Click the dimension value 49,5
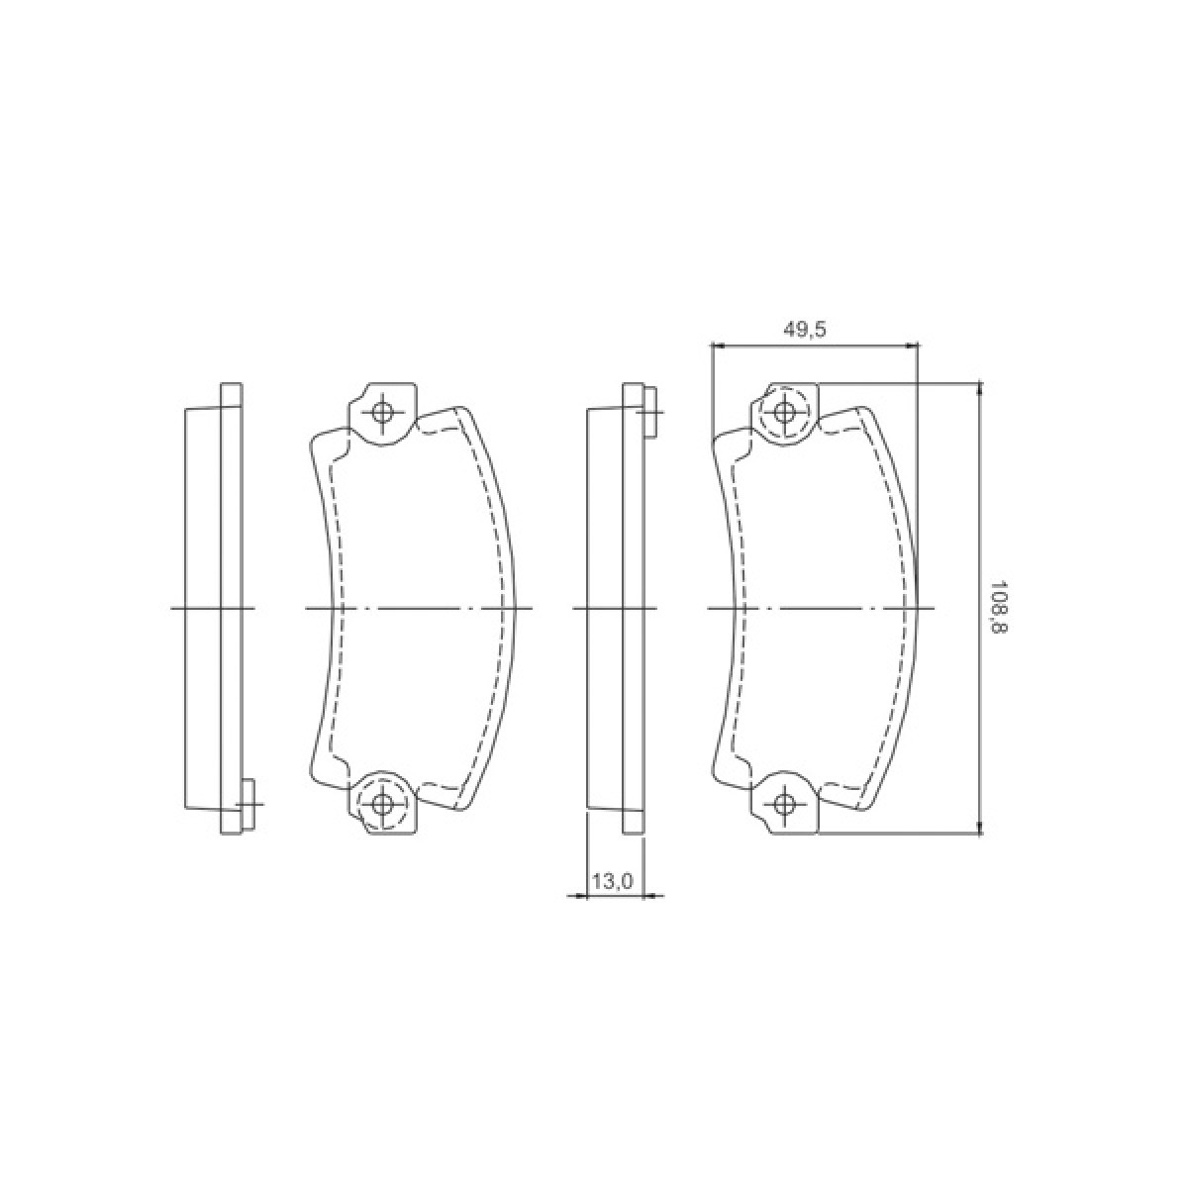point(805,330)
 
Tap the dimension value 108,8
point(997,609)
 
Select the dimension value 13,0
point(612,882)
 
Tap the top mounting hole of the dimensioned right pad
point(784,412)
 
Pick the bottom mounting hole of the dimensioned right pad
point(784,803)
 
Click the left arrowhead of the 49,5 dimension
point(718,346)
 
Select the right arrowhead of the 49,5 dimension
point(911,346)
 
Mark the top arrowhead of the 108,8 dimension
point(980,390)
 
